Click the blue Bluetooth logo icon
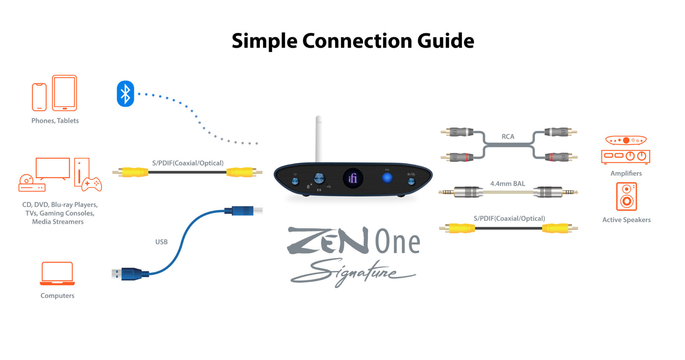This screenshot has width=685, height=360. tap(125, 94)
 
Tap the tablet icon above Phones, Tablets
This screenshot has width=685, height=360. tap(64, 93)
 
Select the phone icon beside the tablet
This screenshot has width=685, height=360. tap(39, 97)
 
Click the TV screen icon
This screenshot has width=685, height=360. tap(53, 168)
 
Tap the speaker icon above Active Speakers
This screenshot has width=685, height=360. tap(626, 196)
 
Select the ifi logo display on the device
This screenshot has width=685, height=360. tap(353, 178)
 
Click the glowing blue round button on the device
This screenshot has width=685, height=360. tap(387, 177)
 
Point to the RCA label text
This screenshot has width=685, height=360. tap(508, 137)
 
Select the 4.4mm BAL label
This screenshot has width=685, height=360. tap(507, 183)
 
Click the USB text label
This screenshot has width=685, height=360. tap(161, 242)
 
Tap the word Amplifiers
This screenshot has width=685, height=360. tap(626, 173)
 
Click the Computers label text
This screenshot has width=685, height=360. tap(57, 296)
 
